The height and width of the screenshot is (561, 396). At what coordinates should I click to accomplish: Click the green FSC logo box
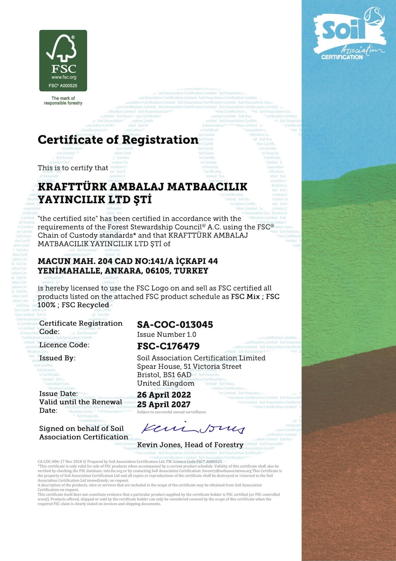63,61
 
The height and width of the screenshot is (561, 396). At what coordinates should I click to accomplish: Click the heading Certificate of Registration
118,140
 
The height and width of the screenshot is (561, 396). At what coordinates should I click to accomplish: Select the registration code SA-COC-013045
175,325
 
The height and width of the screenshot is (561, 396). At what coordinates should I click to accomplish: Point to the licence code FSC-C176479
168,346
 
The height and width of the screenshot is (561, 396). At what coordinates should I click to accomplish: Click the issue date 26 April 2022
164,395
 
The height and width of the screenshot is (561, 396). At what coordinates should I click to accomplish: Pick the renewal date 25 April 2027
164,404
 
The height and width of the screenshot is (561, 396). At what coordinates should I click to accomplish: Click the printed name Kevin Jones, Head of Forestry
190,445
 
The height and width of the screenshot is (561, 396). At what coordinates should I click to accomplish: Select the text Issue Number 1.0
166,335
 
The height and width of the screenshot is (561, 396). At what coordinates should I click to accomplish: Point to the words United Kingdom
166,383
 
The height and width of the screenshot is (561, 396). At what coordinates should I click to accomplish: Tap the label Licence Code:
64,345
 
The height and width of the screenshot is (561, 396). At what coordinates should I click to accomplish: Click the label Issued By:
57,358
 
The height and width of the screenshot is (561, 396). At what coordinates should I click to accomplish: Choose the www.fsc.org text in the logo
63,77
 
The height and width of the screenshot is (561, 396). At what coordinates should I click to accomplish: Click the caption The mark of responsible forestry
63,101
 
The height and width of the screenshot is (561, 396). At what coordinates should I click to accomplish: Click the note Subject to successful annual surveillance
171,412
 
